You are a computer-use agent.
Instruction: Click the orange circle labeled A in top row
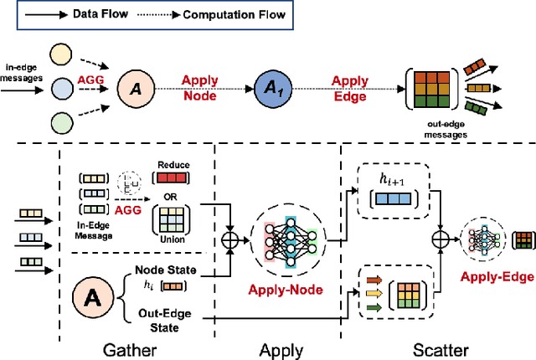[135, 88]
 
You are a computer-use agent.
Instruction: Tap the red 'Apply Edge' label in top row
[349, 88]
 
